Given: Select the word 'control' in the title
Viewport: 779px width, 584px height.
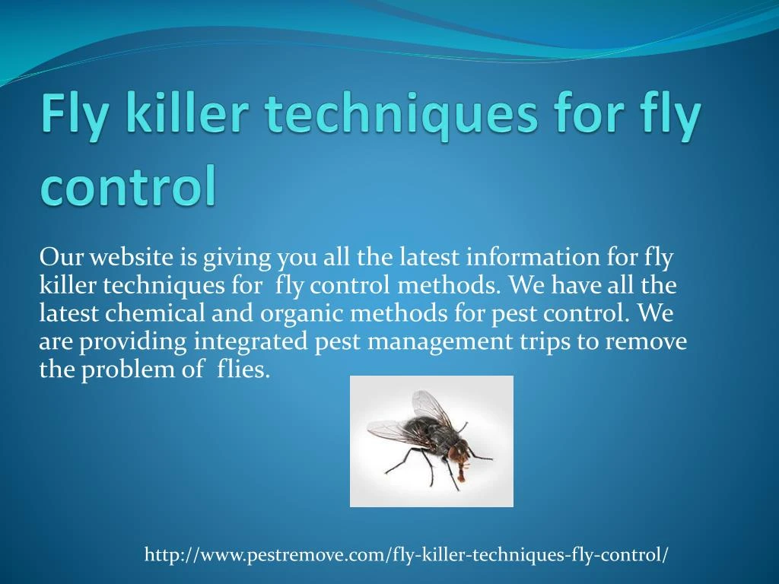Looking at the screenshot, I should [128, 186].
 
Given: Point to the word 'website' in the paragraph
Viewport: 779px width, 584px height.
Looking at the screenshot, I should [132, 257].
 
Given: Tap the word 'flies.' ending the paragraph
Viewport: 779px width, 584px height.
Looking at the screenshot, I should [243, 370].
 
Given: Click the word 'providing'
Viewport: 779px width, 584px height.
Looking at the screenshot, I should [133, 341].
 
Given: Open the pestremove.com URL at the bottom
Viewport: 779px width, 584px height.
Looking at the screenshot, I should [407, 555].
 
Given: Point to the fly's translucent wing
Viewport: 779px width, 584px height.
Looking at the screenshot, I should [426, 411].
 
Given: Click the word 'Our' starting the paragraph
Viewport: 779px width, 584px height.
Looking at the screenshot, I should [62, 257].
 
